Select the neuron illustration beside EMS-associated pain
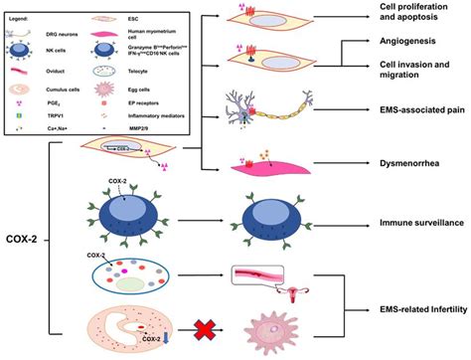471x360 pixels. [x=263, y=110]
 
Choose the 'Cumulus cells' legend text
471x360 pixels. [x=78, y=85]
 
